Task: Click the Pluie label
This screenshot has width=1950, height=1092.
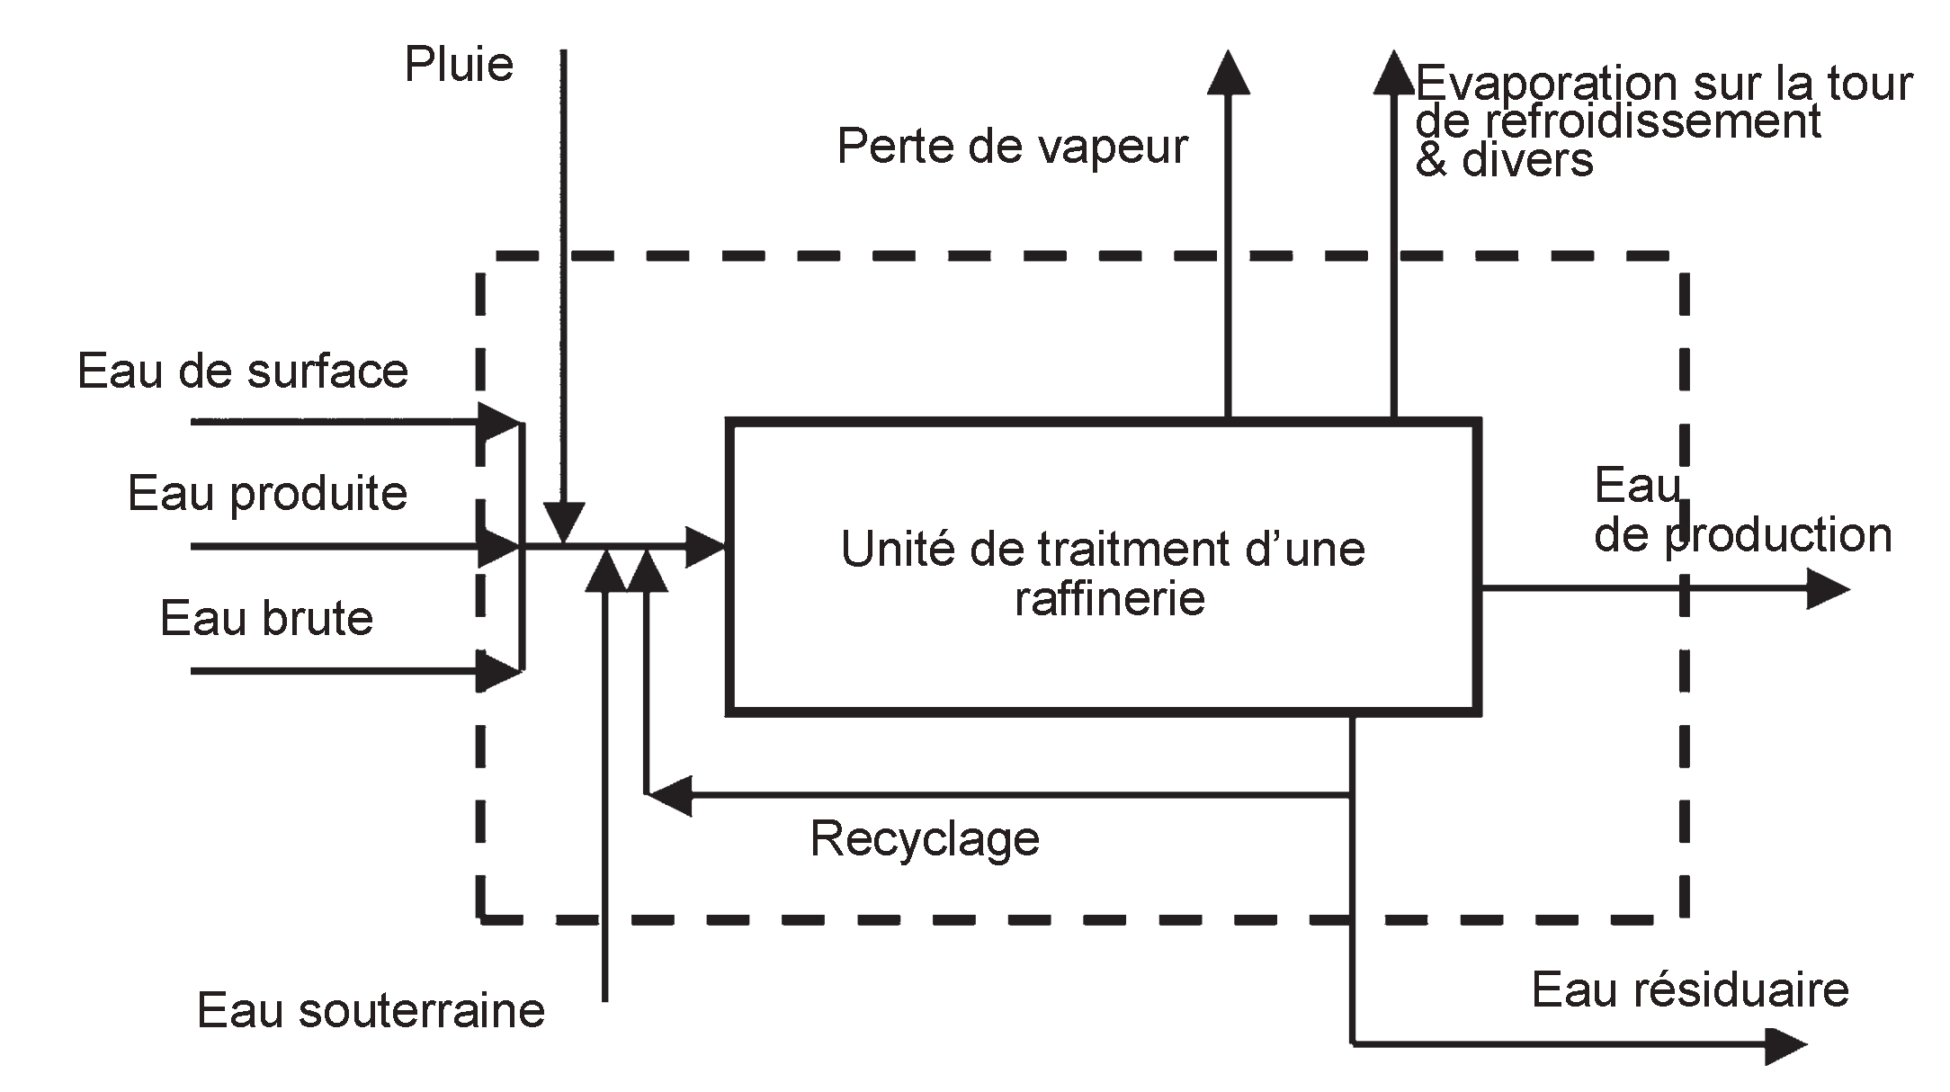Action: click(x=459, y=65)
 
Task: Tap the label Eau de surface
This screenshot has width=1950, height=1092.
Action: click(x=243, y=371)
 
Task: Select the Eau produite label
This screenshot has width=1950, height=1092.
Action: click(x=267, y=493)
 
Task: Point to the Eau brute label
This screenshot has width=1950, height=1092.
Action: click(x=266, y=618)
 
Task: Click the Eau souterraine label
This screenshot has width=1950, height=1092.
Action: click(x=371, y=1010)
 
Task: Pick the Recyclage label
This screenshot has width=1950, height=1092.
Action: click(x=925, y=838)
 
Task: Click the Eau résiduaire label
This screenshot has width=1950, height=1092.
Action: click(x=1690, y=989)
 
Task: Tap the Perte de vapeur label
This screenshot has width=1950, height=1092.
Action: click(x=1012, y=146)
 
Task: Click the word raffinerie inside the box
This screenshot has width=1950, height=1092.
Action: click(x=1109, y=598)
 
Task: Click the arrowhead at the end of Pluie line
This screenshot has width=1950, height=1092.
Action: click(x=564, y=523)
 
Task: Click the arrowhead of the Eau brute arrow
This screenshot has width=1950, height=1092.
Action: click(x=497, y=671)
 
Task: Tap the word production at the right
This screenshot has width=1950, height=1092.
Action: click(x=1778, y=535)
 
